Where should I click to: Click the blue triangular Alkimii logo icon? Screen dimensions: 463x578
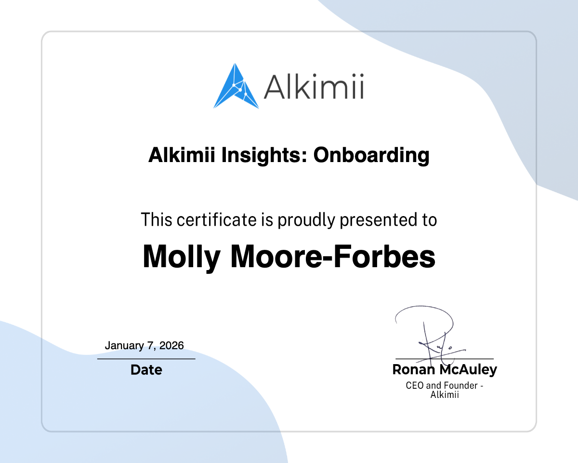[236, 87]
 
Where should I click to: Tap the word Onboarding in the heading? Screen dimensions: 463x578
[371, 155]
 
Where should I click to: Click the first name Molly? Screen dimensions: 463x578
[182, 257]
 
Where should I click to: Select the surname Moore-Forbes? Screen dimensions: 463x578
[333, 257]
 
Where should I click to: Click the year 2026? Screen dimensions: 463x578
[172, 346]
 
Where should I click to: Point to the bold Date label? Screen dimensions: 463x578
[146, 370]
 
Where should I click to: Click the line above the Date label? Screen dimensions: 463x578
[146, 359]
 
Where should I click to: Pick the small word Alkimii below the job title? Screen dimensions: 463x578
[445, 395]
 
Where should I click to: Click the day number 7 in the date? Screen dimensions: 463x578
[151, 346]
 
